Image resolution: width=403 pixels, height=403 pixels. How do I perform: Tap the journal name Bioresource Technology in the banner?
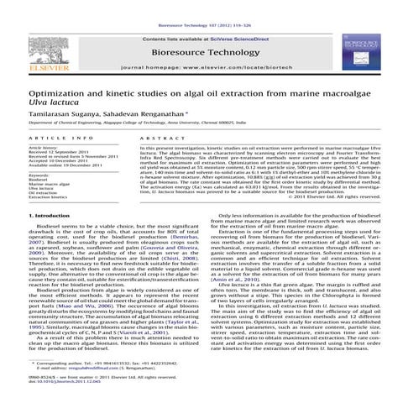(x=201, y=50)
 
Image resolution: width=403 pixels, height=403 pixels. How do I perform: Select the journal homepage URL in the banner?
(x=201, y=65)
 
